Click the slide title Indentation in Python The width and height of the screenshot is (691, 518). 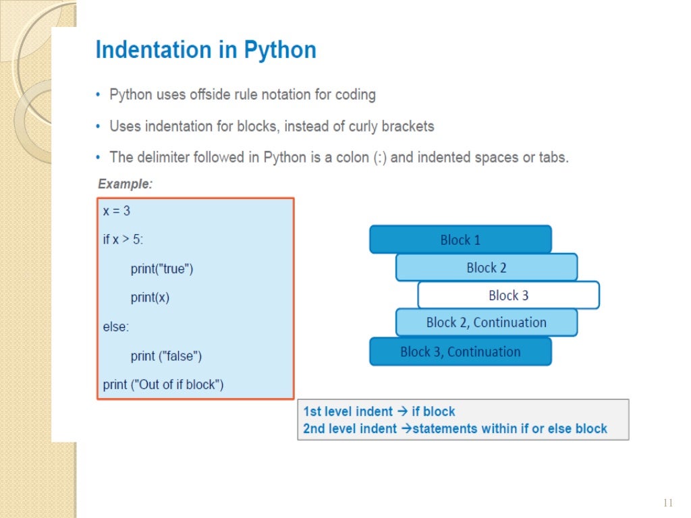point(206,51)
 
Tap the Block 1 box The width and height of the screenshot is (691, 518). point(460,240)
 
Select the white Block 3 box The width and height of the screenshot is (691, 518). point(508,295)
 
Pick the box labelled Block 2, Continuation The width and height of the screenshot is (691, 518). point(486,322)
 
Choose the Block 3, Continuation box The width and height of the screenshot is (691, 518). point(460,351)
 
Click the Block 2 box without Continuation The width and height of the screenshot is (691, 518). point(486,268)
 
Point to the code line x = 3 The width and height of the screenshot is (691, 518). point(117,211)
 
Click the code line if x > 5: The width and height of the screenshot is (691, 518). point(123,240)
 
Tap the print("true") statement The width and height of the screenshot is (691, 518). point(162,269)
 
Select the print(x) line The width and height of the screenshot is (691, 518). point(150,297)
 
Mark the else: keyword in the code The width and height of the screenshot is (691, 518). point(115,326)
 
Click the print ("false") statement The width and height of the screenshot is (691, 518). point(166,355)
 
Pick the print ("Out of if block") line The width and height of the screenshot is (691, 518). point(163,384)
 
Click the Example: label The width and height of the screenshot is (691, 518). point(126,183)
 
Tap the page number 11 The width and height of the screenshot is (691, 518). point(669,503)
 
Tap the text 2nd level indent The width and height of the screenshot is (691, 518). point(350,429)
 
